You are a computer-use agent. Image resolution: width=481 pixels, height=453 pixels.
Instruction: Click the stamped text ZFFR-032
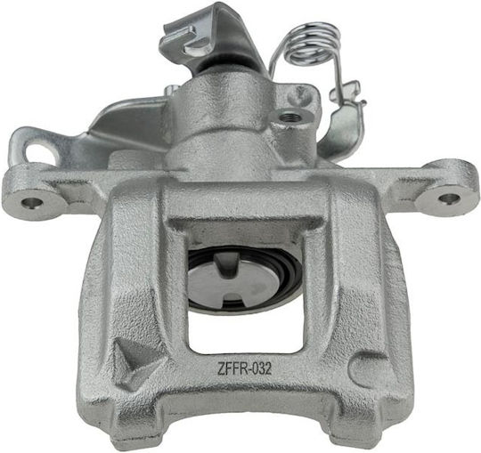(x=244, y=368)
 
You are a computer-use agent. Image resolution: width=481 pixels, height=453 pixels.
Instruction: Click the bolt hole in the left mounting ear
(x=32, y=202)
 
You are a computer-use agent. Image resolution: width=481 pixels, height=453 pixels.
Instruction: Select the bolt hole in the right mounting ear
(x=449, y=198)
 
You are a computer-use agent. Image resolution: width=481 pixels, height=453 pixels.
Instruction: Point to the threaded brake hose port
(x=289, y=117)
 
